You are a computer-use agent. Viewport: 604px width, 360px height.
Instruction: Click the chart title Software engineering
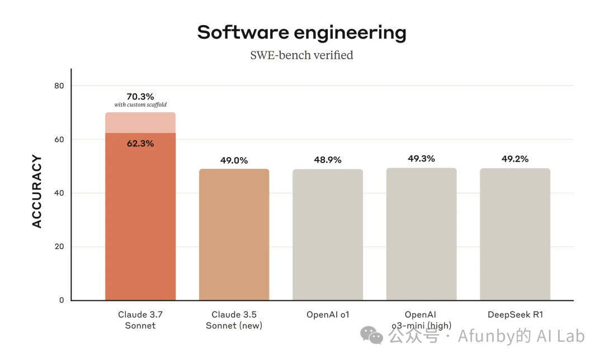coord(301,32)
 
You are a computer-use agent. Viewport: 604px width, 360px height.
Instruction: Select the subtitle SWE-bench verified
coord(301,55)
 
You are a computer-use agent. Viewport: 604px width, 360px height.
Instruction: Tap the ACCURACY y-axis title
coord(37,192)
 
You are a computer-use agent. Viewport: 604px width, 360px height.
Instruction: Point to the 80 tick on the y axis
coord(59,86)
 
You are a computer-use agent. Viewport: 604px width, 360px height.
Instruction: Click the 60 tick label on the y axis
coord(59,139)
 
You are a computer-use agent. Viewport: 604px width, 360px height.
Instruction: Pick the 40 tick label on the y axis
coord(59,193)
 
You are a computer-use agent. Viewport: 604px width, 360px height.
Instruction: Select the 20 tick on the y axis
coord(59,247)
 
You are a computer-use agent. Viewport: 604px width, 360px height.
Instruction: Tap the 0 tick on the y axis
coord(62,300)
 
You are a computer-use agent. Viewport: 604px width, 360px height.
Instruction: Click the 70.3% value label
coord(140,96)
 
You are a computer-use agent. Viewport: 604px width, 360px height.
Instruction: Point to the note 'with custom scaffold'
coord(140,105)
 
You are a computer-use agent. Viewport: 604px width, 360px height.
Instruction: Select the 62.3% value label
coord(140,144)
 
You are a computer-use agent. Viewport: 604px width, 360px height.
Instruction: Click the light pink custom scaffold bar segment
coord(140,123)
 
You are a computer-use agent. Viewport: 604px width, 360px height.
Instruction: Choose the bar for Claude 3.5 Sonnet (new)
coord(234,235)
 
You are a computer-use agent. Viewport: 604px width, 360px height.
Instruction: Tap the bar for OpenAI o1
coord(328,235)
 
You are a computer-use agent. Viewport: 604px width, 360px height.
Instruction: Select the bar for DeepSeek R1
coord(515,235)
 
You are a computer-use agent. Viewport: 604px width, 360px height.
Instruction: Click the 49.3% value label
coord(421,159)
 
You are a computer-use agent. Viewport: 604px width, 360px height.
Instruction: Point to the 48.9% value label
coord(328,160)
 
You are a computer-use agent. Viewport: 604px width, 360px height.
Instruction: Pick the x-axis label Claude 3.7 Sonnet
coord(140,320)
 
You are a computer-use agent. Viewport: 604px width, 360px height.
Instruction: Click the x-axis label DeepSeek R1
coord(515,315)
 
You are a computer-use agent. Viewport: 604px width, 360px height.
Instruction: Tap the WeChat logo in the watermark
coord(372,335)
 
